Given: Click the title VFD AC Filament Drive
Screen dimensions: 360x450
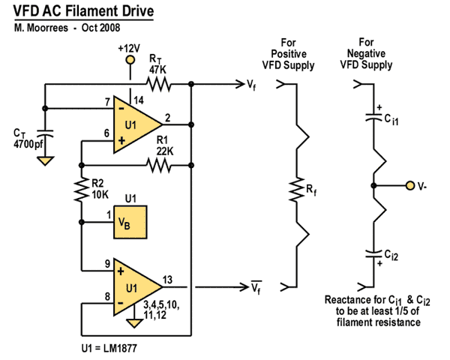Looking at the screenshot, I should (83, 13).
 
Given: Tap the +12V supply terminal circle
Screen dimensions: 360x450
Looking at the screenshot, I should (130, 59).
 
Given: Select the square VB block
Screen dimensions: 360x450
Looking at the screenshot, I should (130, 222).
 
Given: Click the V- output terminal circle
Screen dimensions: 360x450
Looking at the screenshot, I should (409, 185).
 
